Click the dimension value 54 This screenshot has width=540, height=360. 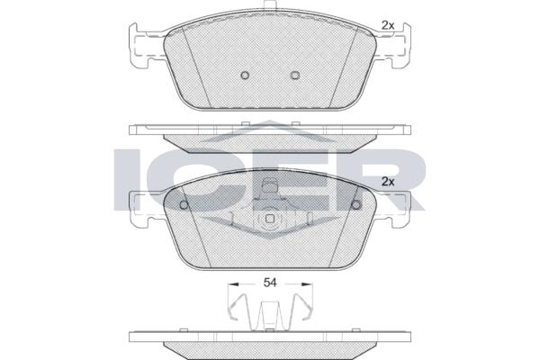pyautogui.click(x=270, y=283)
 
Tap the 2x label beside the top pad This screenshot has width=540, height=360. pyautogui.click(x=388, y=25)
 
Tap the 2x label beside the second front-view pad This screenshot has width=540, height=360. pyautogui.click(x=388, y=182)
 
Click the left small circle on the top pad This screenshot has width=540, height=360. pyautogui.click(x=245, y=75)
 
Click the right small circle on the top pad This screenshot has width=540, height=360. pyautogui.click(x=295, y=75)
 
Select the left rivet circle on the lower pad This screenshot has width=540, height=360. pyautogui.click(x=184, y=205)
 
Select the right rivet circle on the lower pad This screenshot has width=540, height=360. pyautogui.click(x=355, y=205)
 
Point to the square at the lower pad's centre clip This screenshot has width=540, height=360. pyautogui.click(x=270, y=219)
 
